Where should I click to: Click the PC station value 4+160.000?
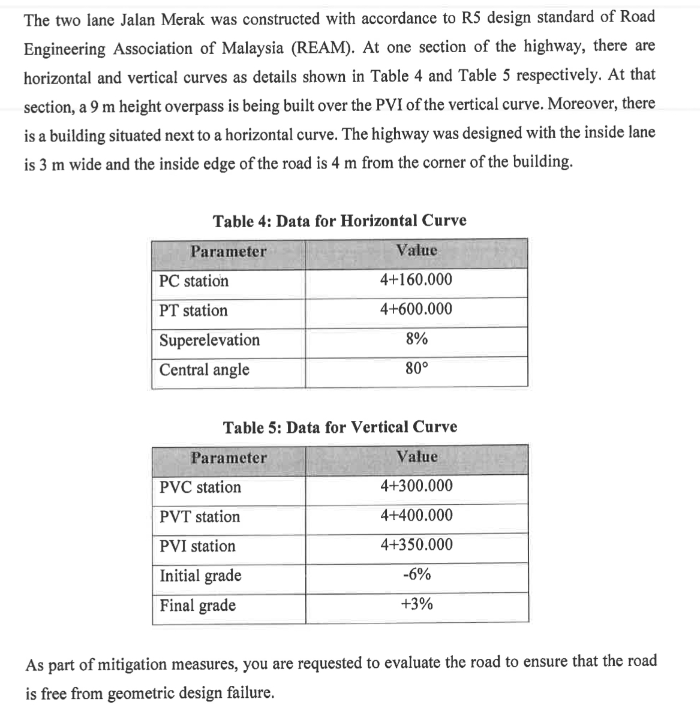point(416,280)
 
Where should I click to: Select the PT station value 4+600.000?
point(416,309)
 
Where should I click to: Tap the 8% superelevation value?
point(416,339)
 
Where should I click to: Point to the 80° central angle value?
point(416,369)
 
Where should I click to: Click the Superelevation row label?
point(209,341)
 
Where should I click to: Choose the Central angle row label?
point(204,370)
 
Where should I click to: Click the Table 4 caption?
point(340,221)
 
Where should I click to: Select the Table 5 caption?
point(340,427)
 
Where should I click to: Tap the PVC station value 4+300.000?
point(416,486)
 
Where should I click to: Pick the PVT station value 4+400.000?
point(416,516)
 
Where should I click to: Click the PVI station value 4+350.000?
point(416,545)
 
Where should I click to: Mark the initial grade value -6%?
point(416,574)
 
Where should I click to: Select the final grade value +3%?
point(416,604)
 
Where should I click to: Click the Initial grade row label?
point(200,576)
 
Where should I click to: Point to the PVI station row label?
point(197,546)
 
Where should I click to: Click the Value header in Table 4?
point(417,251)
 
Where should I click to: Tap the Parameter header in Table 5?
point(229,458)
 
